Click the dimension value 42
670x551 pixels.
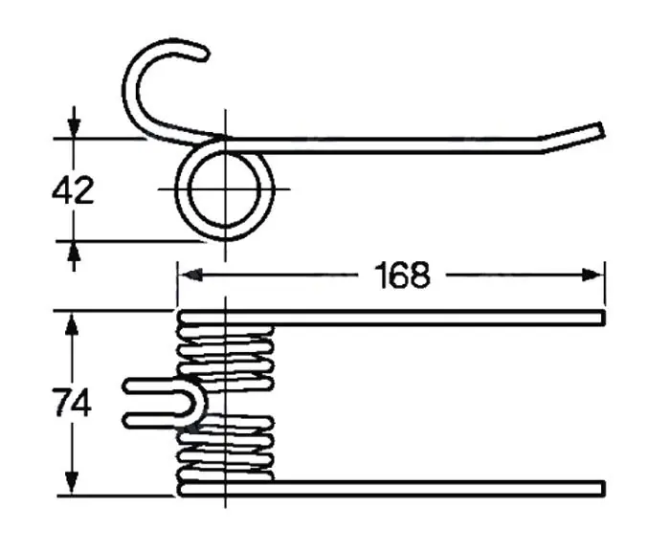73,191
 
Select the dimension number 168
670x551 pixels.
402,275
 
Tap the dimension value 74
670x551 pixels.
73,403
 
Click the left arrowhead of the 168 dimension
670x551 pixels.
190,275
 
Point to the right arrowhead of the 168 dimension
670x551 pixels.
592,275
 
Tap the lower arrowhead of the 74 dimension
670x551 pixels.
72,483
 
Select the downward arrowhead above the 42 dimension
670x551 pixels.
74,126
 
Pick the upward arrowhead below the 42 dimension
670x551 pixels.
74,253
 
